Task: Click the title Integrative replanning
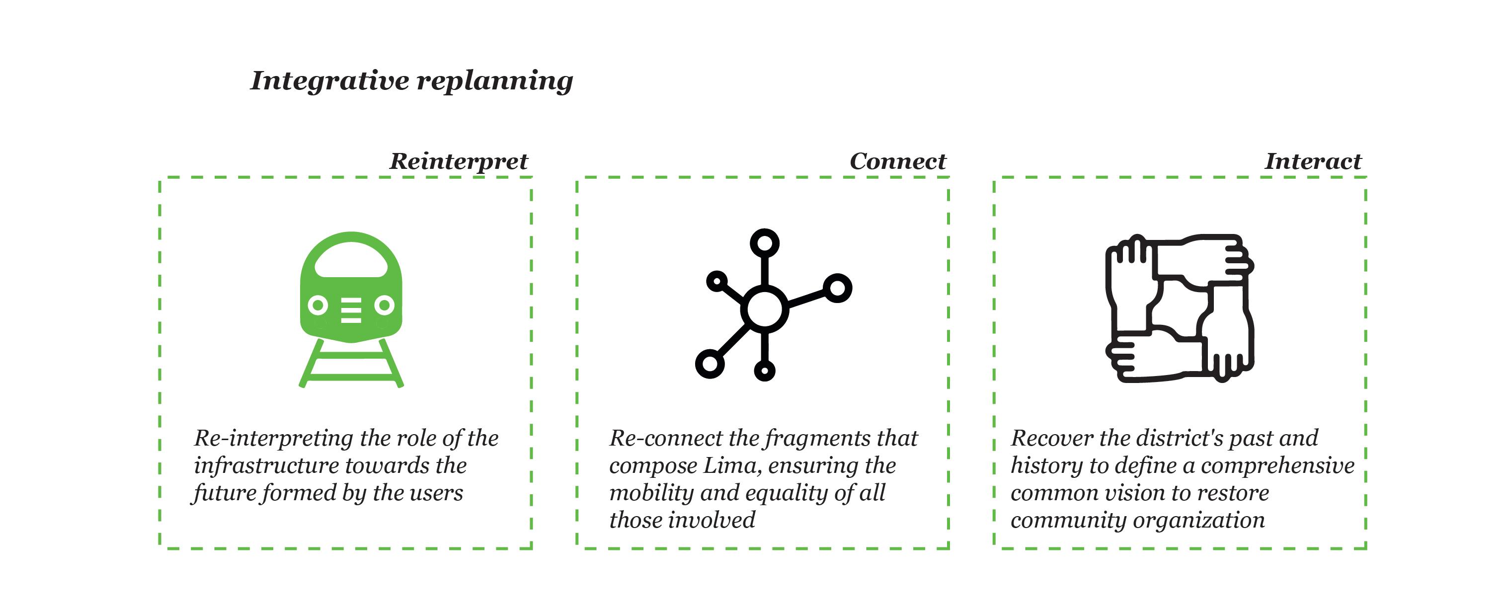[x=411, y=80]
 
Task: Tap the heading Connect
[x=897, y=161]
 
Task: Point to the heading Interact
[x=1313, y=161]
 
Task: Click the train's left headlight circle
[x=317, y=305]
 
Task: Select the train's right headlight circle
[x=384, y=305]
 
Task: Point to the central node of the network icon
[x=764, y=308]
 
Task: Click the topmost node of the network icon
[x=764, y=242]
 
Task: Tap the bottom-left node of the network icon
[x=710, y=363]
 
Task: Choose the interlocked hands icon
[x=1179, y=308]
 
